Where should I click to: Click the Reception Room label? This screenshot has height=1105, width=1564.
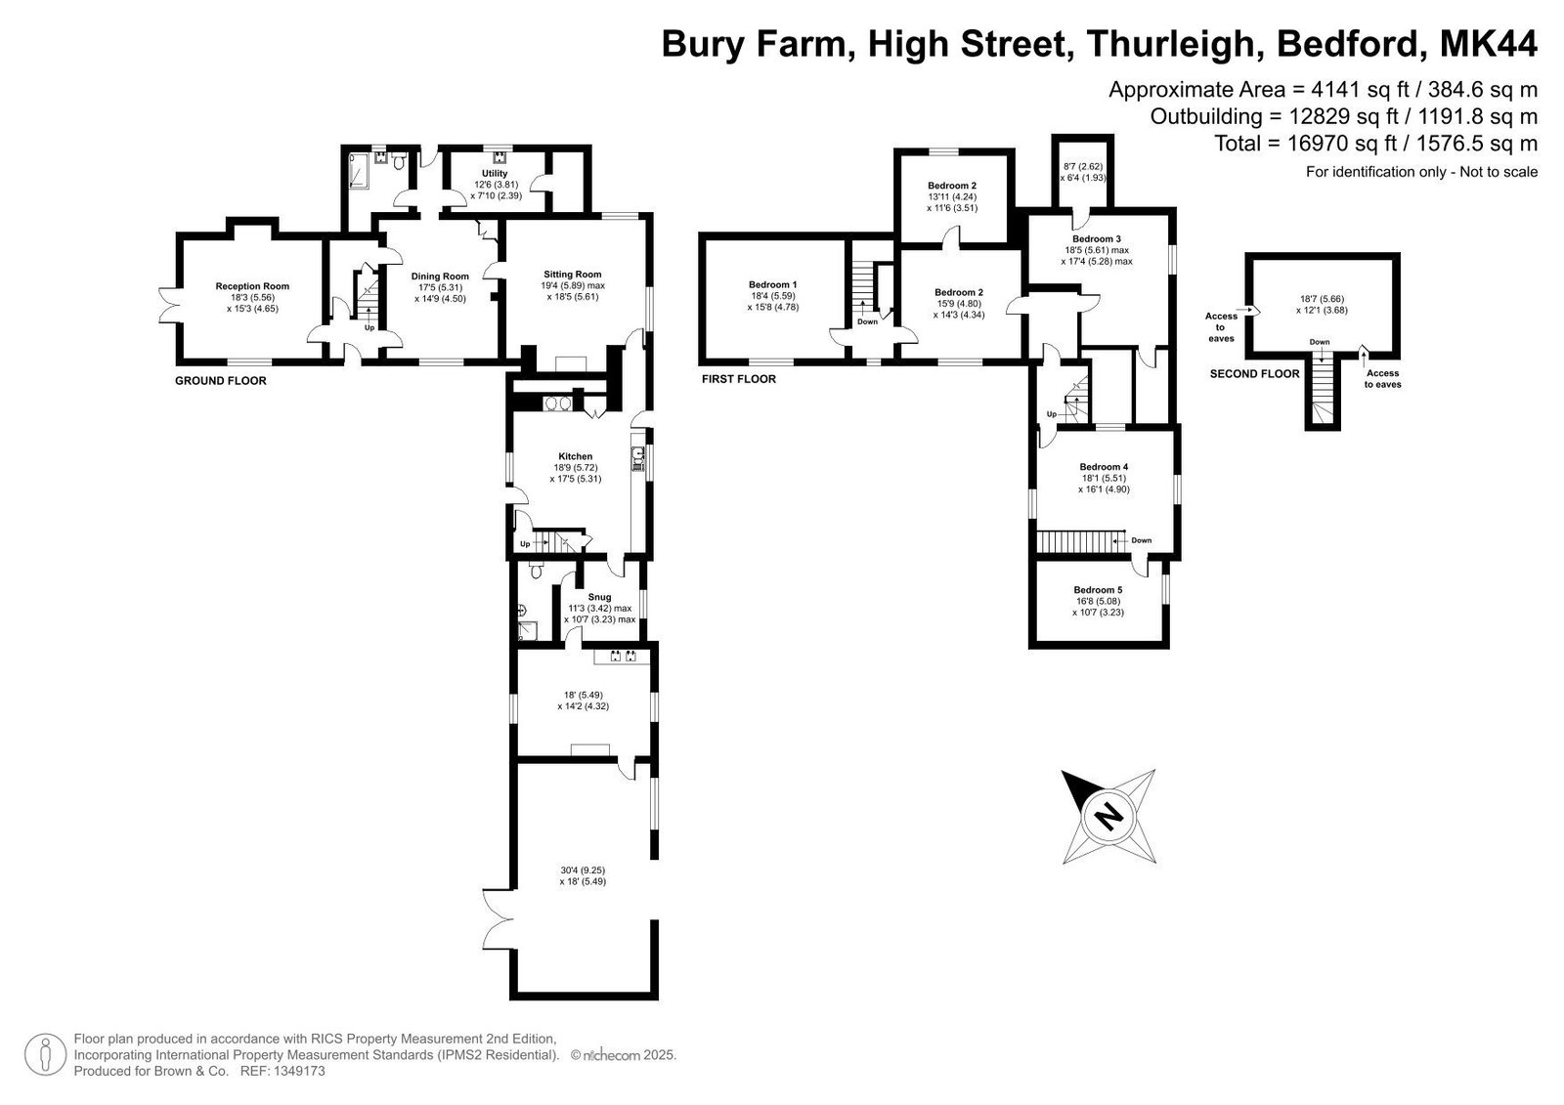(x=252, y=286)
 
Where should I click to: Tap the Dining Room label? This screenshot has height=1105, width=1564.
(x=440, y=276)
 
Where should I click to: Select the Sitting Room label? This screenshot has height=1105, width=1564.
(x=573, y=275)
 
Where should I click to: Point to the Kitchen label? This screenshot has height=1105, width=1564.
(x=576, y=456)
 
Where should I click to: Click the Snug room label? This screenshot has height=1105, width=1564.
(x=600, y=597)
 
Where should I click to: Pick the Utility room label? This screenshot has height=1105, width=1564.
(x=495, y=173)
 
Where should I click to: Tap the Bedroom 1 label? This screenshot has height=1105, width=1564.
(x=773, y=285)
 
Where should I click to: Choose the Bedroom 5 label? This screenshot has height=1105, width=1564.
(x=1099, y=590)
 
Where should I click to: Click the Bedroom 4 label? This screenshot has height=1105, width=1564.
(x=1104, y=467)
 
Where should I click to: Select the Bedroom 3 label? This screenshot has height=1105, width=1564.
(x=1097, y=238)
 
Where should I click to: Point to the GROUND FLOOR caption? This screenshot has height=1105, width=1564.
(x=221, y=381)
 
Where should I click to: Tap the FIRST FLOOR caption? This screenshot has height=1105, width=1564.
(x=739, y=379)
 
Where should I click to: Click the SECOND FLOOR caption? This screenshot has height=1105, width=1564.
(x=1255, y=374)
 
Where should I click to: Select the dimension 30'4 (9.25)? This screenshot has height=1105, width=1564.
(x=583, y=871)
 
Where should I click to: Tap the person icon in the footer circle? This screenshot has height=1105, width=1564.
(x=45, y=1055)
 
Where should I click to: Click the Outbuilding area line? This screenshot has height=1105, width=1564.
(x=1344, y=116)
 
